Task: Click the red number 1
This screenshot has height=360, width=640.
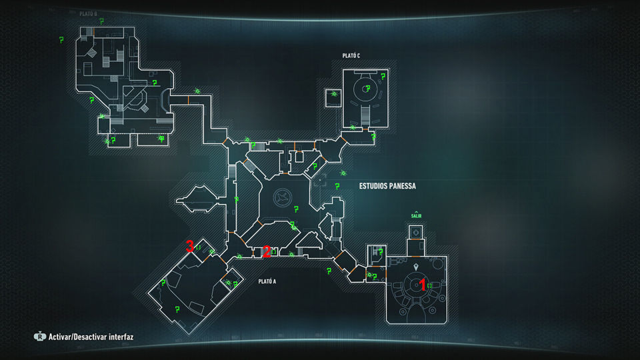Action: [422, 284]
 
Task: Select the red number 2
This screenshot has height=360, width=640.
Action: [266, 251]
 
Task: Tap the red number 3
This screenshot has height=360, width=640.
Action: [190, 246]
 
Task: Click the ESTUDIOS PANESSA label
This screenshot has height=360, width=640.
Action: [387, 186]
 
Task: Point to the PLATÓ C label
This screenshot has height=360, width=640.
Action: [351, 55]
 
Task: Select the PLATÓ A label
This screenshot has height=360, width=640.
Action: [267, 281]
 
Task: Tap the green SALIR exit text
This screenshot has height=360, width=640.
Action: [417, 216]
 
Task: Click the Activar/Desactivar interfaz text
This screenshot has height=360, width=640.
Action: [91, 337]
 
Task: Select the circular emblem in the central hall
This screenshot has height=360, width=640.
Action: [283, 198]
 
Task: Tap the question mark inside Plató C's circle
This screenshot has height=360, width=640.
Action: [366, 88]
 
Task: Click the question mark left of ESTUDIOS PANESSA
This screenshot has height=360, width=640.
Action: [337, 186]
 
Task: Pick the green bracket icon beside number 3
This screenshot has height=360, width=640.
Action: [198, 247]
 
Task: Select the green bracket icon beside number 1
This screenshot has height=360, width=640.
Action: [430, 285]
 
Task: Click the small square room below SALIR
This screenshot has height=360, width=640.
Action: [417, 232]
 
